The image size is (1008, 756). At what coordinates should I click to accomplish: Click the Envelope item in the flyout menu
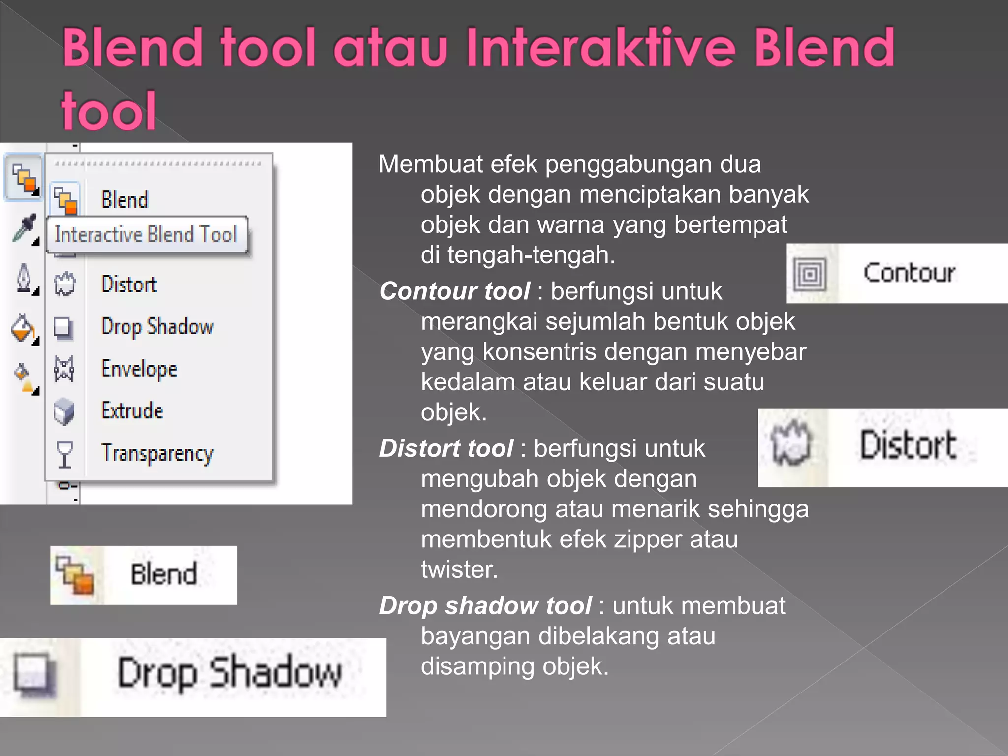coord(139,369)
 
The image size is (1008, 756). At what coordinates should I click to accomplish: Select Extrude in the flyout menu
coord(132,411)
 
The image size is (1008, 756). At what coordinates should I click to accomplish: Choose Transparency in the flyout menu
coord(157,453)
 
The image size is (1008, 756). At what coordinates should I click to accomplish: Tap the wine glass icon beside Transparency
coord(64,453)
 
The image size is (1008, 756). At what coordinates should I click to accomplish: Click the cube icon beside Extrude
coord(64,411)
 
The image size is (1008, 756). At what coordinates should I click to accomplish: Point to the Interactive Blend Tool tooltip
coord(146,235)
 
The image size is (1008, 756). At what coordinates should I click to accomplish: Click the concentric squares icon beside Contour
coord(810,274)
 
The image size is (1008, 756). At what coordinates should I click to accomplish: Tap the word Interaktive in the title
coord(600,48)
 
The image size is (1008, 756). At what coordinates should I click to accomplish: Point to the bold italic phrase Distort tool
coord(446,448)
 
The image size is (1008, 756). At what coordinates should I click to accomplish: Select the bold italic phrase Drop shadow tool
coord(485,605)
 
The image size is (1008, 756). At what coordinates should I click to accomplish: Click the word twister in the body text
coord(459,569)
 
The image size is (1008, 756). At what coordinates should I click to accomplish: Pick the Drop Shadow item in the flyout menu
coord(157,327)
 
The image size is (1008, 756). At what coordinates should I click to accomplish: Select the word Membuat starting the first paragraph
coord(431,164)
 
